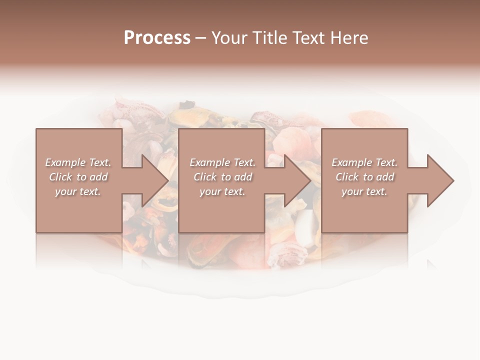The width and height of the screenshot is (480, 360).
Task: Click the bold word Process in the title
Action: [157, 38]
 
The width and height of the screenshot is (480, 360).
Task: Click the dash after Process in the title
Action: [200, 38]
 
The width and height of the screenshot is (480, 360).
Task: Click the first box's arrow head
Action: [154, 180]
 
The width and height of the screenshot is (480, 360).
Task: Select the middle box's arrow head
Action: [297, 180]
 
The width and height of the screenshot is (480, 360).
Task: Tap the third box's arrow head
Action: [440, 180]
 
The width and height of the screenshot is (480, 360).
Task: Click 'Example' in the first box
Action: [65, 162]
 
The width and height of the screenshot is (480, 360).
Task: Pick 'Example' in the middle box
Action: [210, 162]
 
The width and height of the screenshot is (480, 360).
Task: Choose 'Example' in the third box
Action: [352, 162]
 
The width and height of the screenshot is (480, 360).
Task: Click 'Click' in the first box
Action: [60, 177]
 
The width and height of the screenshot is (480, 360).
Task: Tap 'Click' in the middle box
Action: [205, 177]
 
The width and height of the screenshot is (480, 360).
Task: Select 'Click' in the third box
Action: [347, 177]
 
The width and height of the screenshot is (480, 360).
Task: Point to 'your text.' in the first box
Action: [78, 191]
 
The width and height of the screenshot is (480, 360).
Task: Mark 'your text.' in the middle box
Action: [222, 191]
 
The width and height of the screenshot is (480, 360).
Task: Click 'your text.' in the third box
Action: [364, 191]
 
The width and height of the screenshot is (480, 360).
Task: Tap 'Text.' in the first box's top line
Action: [99, 162]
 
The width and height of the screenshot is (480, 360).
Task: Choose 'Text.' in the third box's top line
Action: [386, 162]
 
